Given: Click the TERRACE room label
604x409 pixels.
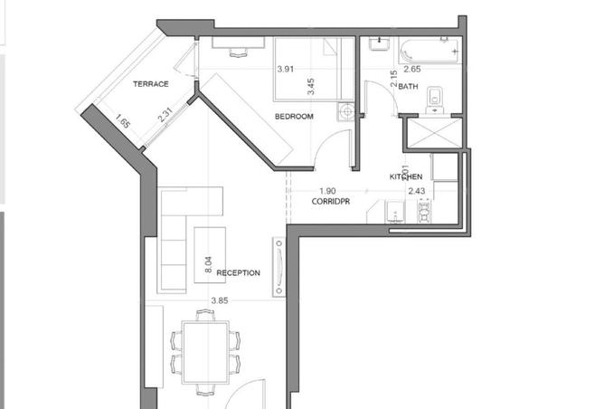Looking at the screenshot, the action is (x=151, y=84).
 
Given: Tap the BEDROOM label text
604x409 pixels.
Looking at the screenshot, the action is (x=294, y=117).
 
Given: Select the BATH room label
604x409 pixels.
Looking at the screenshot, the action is (x=408, y=86).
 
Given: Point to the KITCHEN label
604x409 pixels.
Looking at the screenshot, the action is (x=406, y=176).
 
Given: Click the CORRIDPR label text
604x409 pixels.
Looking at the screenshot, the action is (x=331, y=201).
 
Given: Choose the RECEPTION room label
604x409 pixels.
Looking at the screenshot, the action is (x=238, y=273).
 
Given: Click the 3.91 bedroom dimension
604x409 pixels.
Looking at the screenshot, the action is (x=286, y=70).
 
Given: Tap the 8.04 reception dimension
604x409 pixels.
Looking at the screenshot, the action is (x=208, y=265).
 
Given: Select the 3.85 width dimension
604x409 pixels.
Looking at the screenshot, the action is (x=220, y=300).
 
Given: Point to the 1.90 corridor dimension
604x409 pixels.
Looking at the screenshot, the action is (x=327, y=191).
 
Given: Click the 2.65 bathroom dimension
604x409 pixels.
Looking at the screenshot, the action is (x=412, y=69).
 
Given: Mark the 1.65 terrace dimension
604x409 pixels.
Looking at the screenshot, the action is (x=122, y=121).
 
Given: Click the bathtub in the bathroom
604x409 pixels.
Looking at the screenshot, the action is (x=429, y=51).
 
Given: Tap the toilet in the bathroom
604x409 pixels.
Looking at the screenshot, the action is (x=435, y=99).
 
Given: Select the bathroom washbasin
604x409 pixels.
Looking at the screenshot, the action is (x=379, y=44).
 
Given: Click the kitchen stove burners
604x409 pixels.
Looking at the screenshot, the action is (x=424, y=211).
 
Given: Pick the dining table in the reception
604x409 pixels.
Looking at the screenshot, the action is (x=205, y=352).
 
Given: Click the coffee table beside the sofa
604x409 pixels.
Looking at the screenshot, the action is (x=210, y=255).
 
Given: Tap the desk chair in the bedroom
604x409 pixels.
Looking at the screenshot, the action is (x=239, y=52).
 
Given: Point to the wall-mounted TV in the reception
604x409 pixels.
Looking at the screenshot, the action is (x=279, y=267).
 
